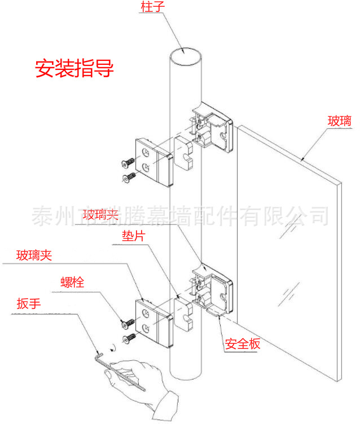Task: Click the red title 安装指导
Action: tap(74, 69)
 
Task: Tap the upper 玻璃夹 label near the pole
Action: tap(100, 215)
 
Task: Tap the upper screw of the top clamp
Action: tap(128, 163)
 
